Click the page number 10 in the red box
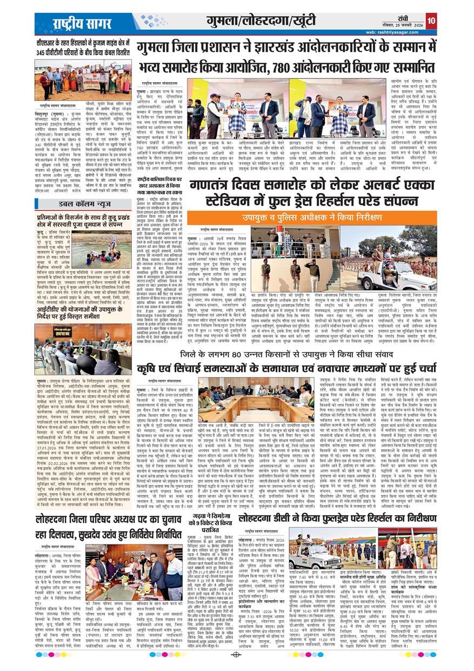tap(430, 21)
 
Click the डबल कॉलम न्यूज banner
tap(82, 203)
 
